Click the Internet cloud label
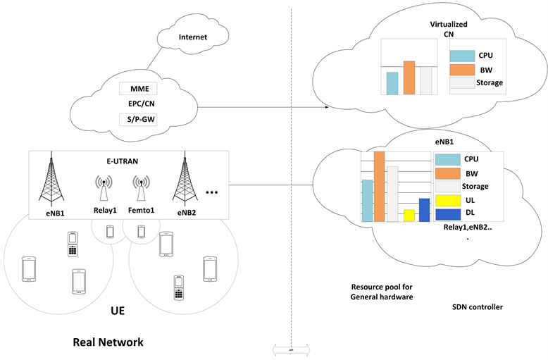193,37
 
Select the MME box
137,89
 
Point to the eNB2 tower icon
186,180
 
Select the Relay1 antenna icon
103,189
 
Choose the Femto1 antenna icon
141,189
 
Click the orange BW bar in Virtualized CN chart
409,77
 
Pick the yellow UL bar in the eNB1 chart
409,216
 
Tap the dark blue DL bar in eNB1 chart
424,210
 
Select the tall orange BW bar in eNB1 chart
379,187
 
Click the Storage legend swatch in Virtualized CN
462,83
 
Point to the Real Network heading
108,342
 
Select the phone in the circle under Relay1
109,231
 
